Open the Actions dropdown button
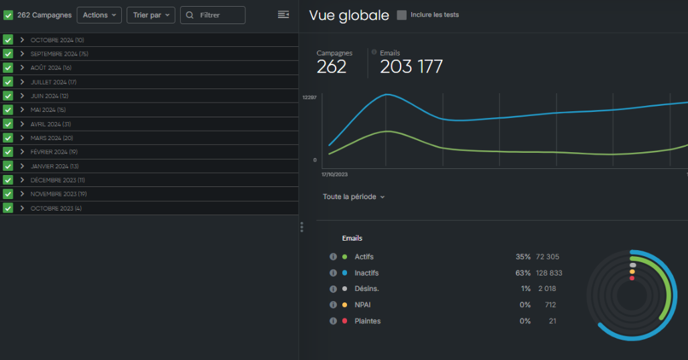(x=99, y=15)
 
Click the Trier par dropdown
(x=151, y=15)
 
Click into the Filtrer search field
(x=213, y=15)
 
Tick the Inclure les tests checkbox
(x=402, y=15)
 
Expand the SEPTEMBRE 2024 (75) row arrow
(x=22, y=54)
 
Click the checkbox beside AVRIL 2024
(x=8, y=124)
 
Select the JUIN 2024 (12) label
(x=50, y=96)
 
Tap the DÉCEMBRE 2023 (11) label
(x=58, y=180)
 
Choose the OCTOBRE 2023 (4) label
(x=56, y=208)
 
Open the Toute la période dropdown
(x=354, y=197)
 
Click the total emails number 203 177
(x=411, y=67)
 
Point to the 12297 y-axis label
(x=309, y=98)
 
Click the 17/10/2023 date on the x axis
(x=334, y=174)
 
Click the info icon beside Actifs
(x=333, y=257)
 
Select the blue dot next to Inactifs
(x=344, y=273)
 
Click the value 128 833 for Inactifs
(x=549, y=273)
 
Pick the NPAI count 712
(x=550, y=305)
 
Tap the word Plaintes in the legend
(x=368, y=321)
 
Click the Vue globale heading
(x=349, y=15)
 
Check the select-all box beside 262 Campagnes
(x=8, y=15)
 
